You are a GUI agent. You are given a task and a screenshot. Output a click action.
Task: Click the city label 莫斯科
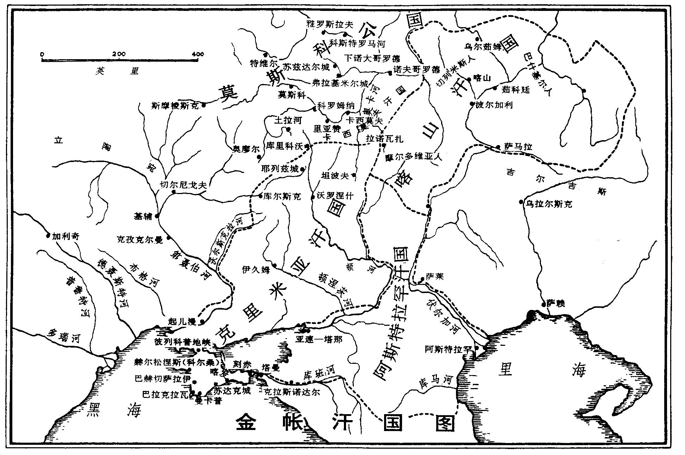pyautogui.click(x=292, y=95)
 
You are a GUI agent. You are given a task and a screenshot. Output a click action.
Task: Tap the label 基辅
pyautogui.click(x=143, y=216)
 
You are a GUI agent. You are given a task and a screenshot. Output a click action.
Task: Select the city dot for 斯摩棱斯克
pyautogui.click(x=204, y=105)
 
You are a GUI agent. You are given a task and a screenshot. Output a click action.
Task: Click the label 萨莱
pyautogui.click(x=434, y=277)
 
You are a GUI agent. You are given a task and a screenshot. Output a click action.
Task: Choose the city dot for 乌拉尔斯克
pyautogui.click(x=521, y=202)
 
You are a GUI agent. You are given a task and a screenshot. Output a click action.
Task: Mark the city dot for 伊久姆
pyautogui.click(x=274, y=266)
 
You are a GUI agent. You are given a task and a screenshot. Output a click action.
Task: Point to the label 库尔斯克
pyautogui.click(x=282, y=197)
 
